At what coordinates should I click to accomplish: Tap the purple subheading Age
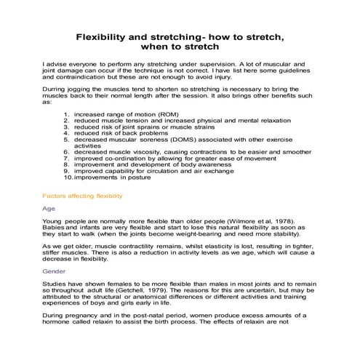tap(48, 208)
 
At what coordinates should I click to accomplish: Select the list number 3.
tap(67, 127)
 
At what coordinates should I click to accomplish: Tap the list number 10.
tap(67, 176)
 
